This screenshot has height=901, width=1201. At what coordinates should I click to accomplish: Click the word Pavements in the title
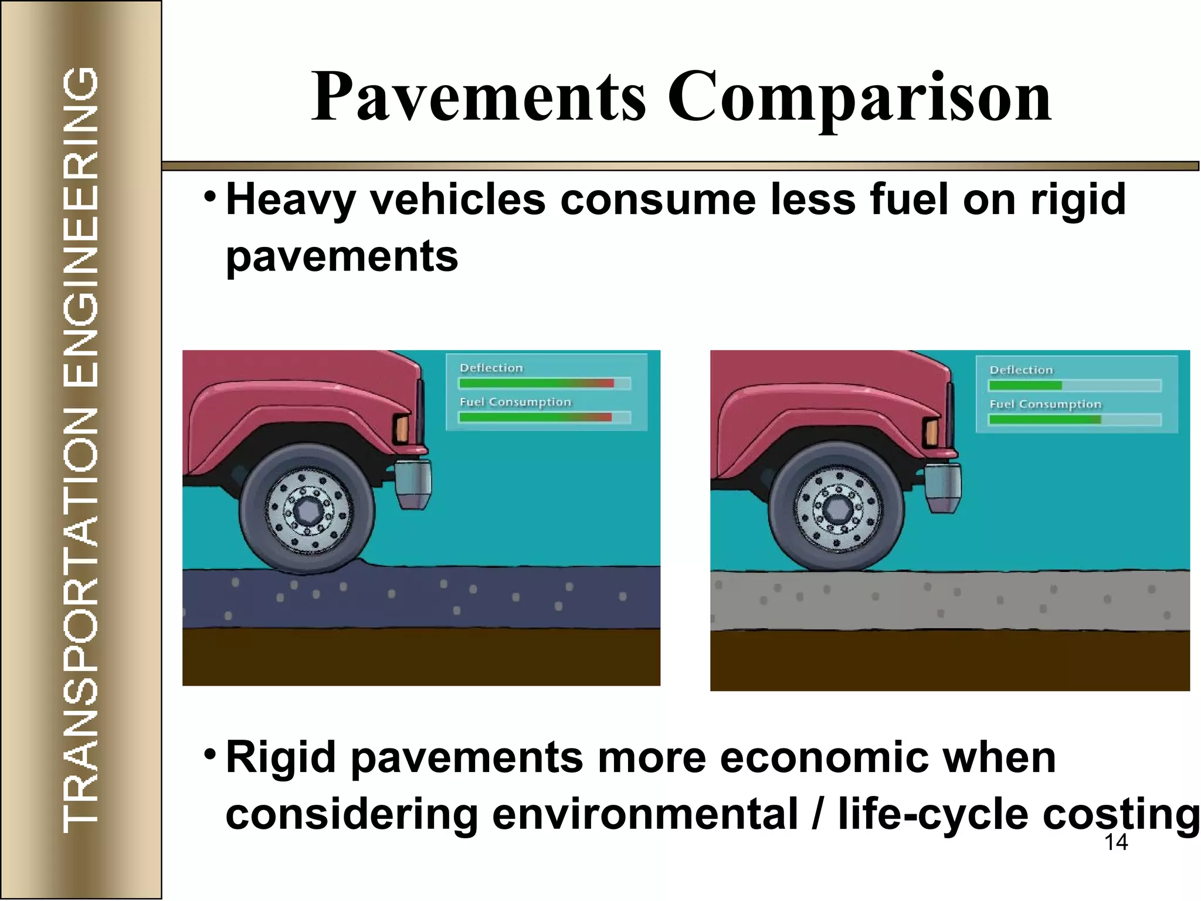478,97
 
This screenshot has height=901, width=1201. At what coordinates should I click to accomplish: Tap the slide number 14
1116,842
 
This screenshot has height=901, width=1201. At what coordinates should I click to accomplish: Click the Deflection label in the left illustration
491,368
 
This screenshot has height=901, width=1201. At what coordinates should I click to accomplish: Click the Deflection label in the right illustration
1021,370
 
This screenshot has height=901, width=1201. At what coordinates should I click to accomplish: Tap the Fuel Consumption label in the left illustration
515,402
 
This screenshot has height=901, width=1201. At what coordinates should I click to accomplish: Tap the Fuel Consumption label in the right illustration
1045,404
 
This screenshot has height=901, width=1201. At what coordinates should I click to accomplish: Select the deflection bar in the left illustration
536,383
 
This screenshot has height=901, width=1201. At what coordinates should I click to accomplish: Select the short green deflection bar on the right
1025,385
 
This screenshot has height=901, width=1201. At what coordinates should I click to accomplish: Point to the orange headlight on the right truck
930,432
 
